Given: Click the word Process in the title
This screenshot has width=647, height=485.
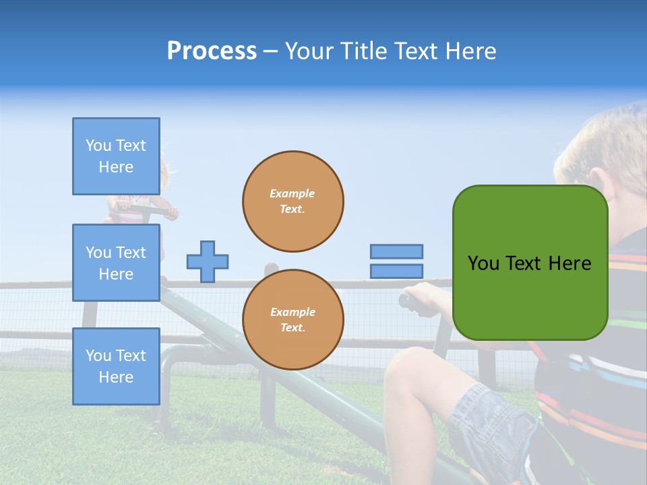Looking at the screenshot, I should click(212, 51).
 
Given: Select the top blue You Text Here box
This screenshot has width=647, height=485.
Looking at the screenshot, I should click(116, 156).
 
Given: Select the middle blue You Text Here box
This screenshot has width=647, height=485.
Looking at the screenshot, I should click(116, 263).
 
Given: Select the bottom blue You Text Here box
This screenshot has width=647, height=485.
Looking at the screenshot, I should click(116, 366).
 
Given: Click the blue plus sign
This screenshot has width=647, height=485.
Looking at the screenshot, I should click(208, 261).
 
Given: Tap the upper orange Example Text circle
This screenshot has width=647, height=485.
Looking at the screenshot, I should click(293, 201).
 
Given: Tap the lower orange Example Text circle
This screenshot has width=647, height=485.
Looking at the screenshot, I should click(293, 320).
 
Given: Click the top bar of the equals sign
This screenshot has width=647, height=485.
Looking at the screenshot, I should click(396, 252).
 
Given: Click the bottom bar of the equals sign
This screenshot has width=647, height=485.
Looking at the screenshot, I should click(396, 271).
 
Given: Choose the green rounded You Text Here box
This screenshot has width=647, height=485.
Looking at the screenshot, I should click(530, 263).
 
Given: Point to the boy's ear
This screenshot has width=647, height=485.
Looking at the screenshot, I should click(571, 168).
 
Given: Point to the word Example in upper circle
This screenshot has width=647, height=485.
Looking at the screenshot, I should click(292, 193).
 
